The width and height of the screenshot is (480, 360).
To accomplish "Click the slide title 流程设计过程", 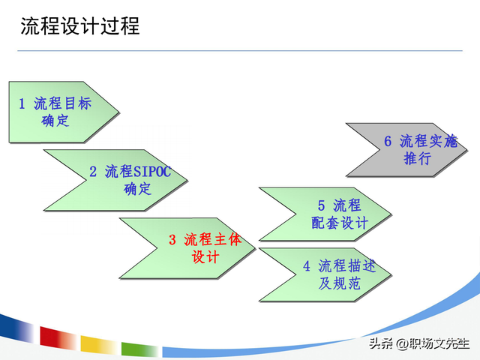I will pos(79,27).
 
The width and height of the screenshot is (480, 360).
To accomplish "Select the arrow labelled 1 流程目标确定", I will pos(60,112).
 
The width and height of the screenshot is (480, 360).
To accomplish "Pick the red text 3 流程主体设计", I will pos(205,248).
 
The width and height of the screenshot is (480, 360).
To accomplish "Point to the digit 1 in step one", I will pos(22,103).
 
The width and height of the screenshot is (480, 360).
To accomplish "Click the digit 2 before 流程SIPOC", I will pos(93,171).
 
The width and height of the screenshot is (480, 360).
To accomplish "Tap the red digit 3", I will pos(172,240).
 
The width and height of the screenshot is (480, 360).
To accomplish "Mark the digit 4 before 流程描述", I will pos(307,265).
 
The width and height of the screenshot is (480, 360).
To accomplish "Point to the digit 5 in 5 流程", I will pos(321,205).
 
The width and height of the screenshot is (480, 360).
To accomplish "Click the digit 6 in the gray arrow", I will pos(388,141).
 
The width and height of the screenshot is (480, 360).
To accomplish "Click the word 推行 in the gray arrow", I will pos(417,159).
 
